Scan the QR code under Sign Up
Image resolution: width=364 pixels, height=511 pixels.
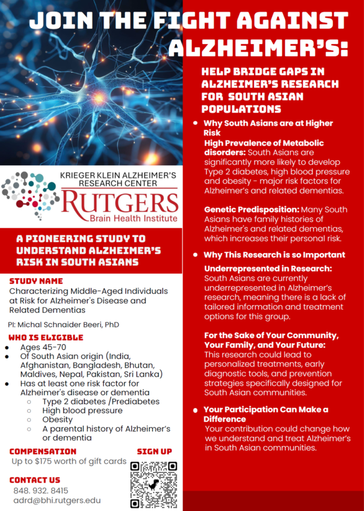tap(154, 485)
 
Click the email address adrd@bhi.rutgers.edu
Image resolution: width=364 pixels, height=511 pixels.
tap(57, 501)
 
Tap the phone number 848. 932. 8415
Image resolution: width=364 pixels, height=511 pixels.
tap(41, 491)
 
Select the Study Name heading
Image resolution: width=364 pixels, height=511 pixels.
tap(36, 281)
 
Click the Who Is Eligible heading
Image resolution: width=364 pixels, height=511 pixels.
tap(46, 337)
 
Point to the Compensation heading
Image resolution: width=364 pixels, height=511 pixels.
tap(43, 451)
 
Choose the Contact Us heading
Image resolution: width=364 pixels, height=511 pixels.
tap(35, 480)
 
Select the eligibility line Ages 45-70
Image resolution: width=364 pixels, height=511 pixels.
tap(43, 348)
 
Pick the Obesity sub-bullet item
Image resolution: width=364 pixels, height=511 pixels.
tap(57, 420)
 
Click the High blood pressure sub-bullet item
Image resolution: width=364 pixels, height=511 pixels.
tap(82, 411)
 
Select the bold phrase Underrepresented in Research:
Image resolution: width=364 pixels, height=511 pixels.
tap(268, 269)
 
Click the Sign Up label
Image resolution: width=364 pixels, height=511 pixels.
tap(154, 451)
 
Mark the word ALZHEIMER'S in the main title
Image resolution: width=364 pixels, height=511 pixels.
tap(258, 48)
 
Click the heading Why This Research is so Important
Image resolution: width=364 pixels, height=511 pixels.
tap(274, 255)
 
